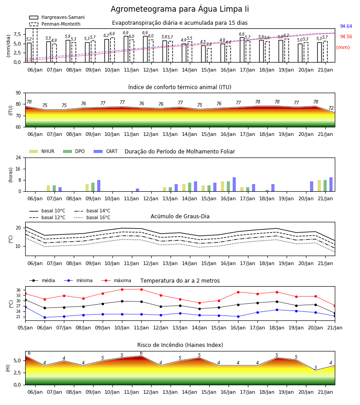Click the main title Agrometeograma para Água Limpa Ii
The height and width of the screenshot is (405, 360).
click(180, 9)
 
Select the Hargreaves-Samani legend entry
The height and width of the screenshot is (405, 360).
click(57, 17)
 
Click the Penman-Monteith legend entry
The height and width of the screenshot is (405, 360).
click(55, 24)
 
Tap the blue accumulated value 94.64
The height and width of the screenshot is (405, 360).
click(346, 27)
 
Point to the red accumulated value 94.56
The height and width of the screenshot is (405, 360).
click(346, 37)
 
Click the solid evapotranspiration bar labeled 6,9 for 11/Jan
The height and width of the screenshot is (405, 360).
click(126, 49)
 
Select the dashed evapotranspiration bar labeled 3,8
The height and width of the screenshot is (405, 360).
click(209, 55)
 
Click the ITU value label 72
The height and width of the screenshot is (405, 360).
click(331, 108)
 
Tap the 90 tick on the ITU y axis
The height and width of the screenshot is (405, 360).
click(18, 93)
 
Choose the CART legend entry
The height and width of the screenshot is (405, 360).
click(105, 151)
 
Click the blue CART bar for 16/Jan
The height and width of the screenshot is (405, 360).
click(234, 184)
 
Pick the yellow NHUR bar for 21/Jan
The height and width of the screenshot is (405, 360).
click(319, 186)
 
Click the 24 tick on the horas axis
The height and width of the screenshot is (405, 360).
click(18, 158)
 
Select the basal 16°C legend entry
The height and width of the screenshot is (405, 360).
click(92, 217)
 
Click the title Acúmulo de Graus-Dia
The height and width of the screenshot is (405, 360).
click(180, 216)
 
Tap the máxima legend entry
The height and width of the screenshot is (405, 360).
click(116, 280)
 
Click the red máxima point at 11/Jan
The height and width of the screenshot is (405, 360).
click(141, 289)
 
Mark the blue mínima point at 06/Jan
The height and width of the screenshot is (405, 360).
click(45, 317)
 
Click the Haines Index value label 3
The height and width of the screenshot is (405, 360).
click(315, 368)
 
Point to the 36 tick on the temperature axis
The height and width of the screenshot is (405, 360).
click(18, 290)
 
